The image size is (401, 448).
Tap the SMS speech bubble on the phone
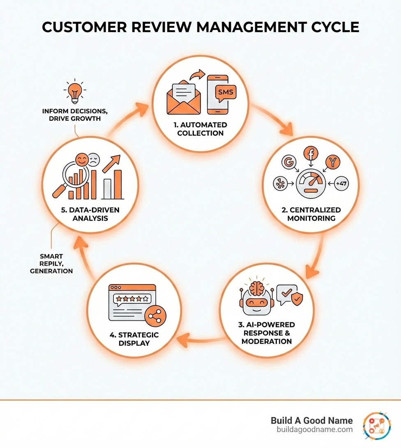(x=224, y=92)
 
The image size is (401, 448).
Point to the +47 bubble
(x=341, y=184)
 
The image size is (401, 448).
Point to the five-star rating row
(x=131, y=299)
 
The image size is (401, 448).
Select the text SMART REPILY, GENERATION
(x=51, y=263)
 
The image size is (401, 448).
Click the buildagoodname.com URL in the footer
(x=315, y=429)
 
